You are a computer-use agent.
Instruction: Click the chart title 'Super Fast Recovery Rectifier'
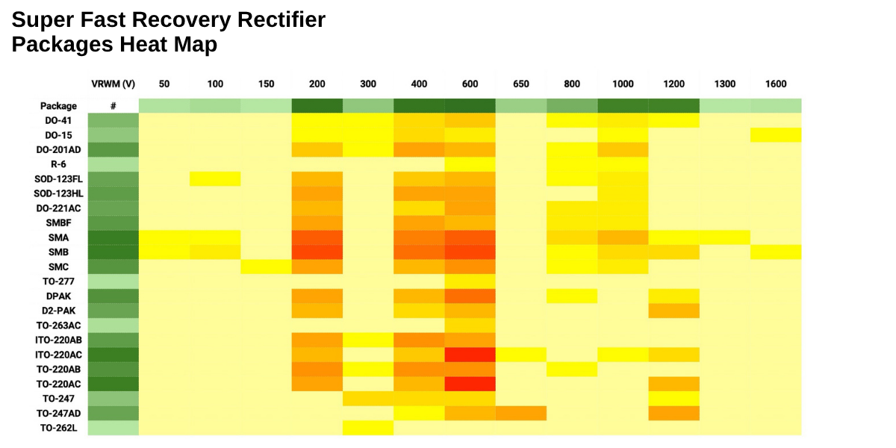tap(169, 20)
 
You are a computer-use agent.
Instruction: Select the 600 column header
tap(470, 84)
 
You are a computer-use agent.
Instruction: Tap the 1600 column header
tap(776, 84)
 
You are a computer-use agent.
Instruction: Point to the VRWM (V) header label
tap(113, 84)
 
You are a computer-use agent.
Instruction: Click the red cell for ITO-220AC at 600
tap(470, 355)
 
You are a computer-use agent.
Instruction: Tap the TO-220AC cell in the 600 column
tap(470, 384)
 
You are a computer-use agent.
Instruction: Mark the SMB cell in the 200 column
tap(317, 252)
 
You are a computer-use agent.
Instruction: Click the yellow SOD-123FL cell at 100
tap(215, 178)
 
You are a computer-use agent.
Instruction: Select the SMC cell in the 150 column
tap(266, 267)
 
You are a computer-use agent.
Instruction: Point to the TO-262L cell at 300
tap(368, 428)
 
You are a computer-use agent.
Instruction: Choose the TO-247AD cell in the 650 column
tap(520, 413)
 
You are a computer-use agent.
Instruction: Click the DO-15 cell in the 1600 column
tap(776, 134)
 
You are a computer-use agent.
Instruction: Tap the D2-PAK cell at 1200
tap(673, 311)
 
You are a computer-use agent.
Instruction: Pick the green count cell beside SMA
tap(113, 237)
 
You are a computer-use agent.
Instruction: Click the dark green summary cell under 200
tap(317, 106)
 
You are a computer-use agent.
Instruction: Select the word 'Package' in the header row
tap(59, 106)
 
